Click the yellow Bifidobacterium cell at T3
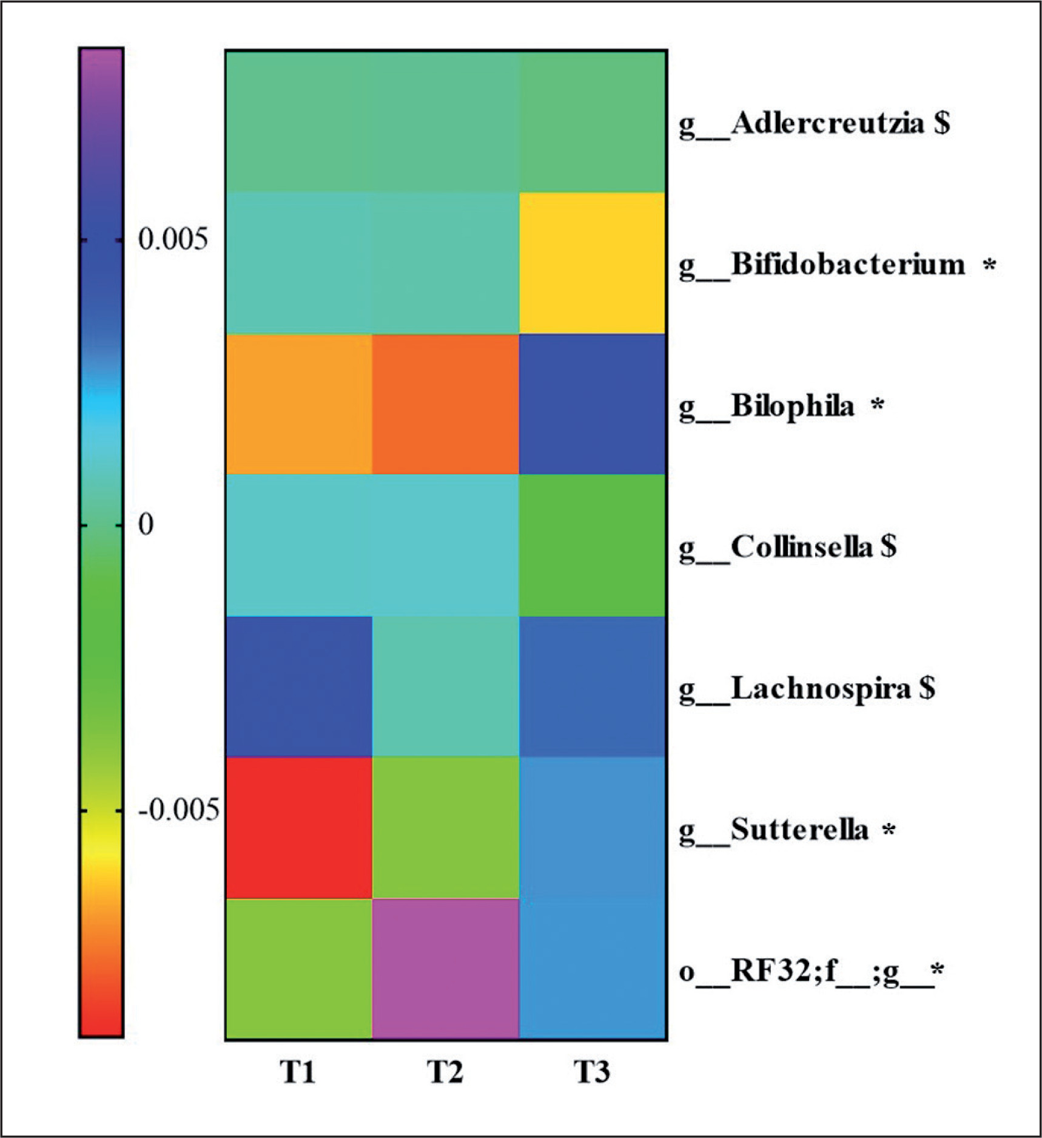click(593, 263)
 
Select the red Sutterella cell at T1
click(298, 828)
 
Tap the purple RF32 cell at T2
click(445, 969)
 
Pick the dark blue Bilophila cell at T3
click(593, 404)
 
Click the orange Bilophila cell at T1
click(298, 404)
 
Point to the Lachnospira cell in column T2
click(445, 686)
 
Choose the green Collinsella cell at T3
click(593, 545)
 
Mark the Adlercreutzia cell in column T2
click(445, 121)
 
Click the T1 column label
click(297, 1072)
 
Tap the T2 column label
click(445, 1072)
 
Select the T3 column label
click(592, 1072)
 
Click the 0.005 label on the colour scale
click(173, 239)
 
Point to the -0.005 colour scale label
click(178, 810)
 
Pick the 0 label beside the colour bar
click(146, 524)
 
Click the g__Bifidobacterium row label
click(822, 265)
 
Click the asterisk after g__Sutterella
click(889, 829)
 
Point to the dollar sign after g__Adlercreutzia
click(942, 123)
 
